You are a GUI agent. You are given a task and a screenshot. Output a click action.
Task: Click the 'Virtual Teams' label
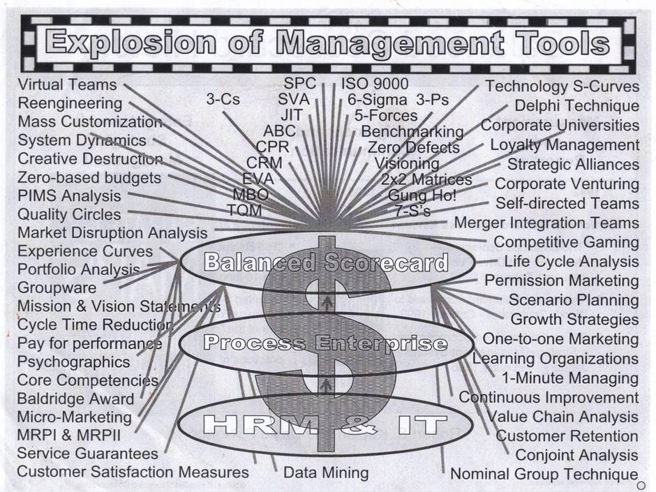click(x=67, y=84)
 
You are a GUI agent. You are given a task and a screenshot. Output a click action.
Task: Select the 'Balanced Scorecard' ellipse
click(x=327, y=262)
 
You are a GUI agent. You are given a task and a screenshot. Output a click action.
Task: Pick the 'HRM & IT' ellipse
click(x=327, y=424)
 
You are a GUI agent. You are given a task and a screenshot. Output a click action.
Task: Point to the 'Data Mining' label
click(x=326, y=472)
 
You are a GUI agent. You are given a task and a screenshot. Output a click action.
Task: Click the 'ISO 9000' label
click(x=375, y=84)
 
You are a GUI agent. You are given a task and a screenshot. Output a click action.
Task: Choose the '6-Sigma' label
click(x=377, y=100)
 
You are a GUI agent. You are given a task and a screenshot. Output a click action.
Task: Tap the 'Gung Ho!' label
click(x=423, y=195)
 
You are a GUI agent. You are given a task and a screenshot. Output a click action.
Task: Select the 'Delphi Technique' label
click(x=576, y=106)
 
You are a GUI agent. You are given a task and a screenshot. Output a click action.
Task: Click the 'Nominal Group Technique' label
click(x=544, y=475)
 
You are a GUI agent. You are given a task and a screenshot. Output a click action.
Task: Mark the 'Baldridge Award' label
click(x=75, y=399)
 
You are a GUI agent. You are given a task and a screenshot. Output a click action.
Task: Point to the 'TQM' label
click(x=244, y=210)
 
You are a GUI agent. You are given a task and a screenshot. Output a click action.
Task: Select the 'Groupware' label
click(x=57, y=288)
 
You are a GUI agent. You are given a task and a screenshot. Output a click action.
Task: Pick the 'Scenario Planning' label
click(x=573, y=300)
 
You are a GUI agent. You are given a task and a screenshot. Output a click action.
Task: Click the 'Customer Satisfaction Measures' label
click(x=133, y=472)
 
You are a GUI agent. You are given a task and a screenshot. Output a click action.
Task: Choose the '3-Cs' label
click(x=223, y=100)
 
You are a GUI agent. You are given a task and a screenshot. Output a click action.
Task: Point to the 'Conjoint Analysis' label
click(x=576, y=455)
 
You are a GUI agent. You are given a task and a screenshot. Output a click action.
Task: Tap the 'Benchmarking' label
click(x=412, y=131)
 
